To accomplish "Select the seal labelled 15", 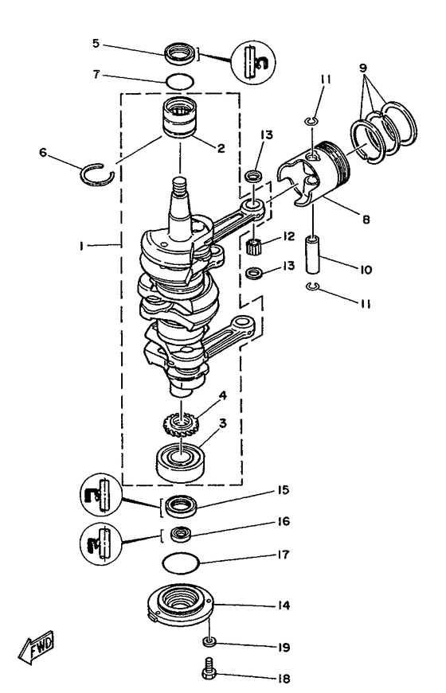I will (x=182, y=505).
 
